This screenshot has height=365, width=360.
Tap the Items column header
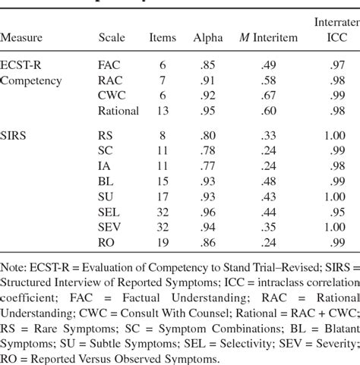(x=162, y=36)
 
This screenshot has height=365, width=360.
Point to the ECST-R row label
(x=24, y=65)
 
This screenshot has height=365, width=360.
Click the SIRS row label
(x=16, y=138)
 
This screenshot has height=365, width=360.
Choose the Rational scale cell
(x=118, y=110)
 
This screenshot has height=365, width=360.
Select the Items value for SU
(x=162, y=197)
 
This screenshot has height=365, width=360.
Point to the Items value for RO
(x=162, y=242)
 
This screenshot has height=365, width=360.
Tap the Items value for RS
(x=162, y=138)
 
